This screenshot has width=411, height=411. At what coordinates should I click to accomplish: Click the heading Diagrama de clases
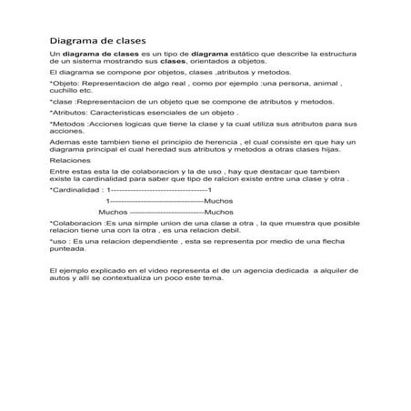coord(96,41)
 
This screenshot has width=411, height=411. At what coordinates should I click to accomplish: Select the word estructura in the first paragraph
coord(336,56)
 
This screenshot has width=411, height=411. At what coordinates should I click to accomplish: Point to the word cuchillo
coord(64,91)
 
